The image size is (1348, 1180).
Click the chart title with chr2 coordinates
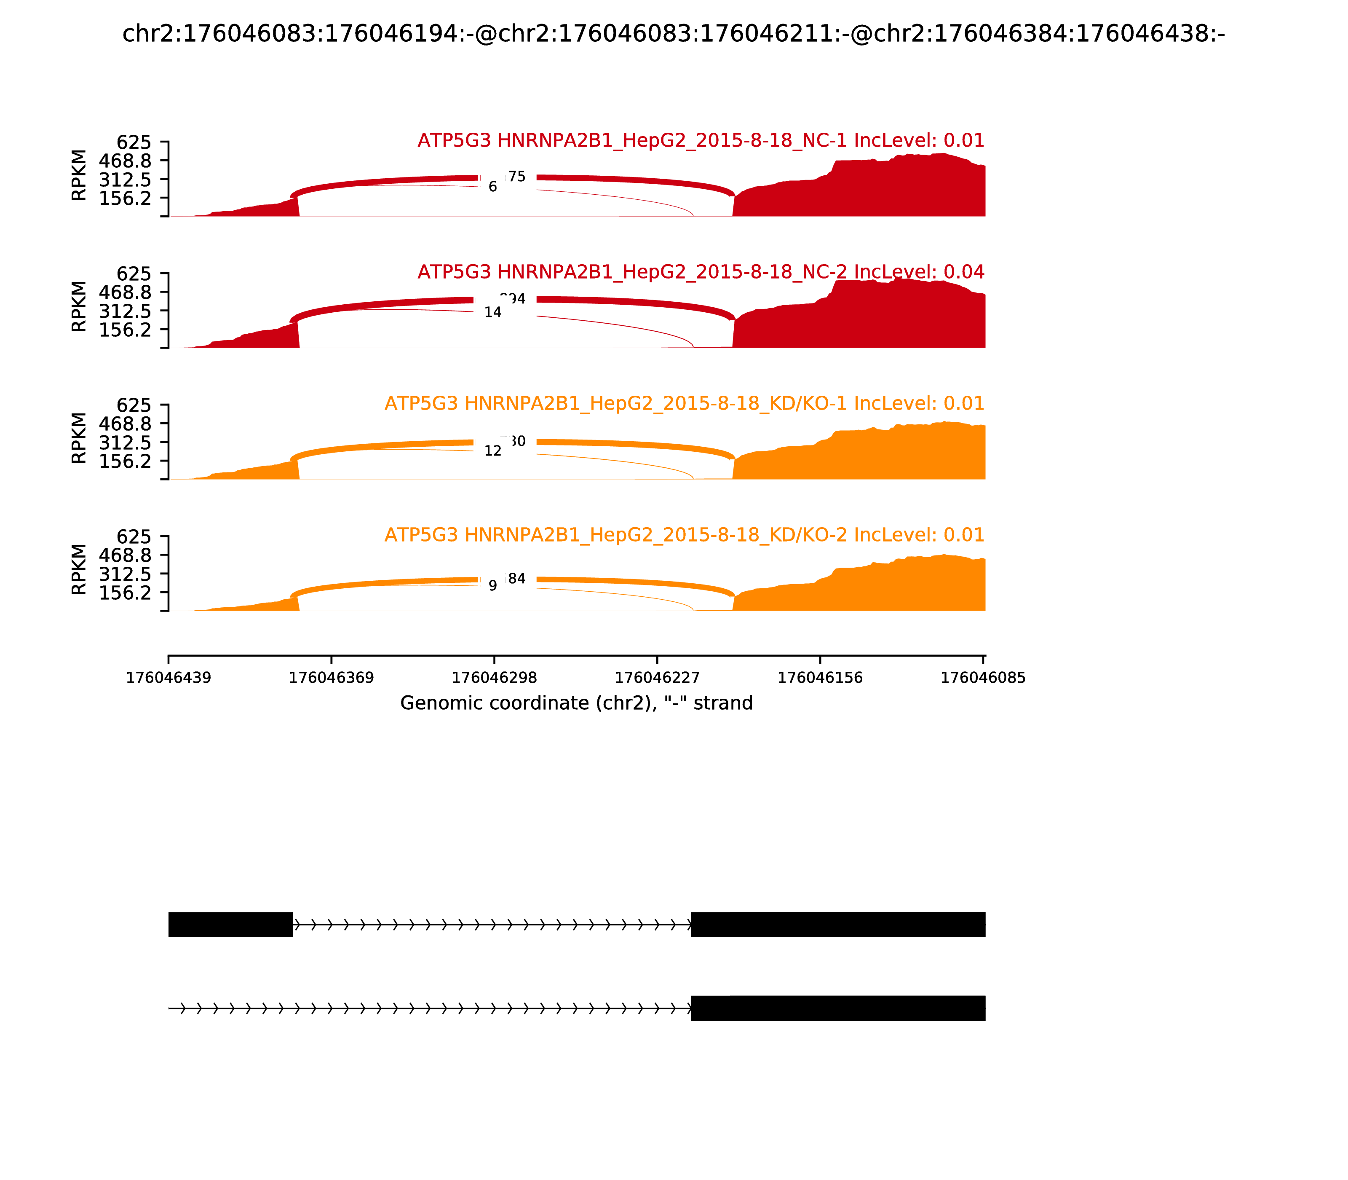673,34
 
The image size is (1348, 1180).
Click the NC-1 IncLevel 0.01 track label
700,140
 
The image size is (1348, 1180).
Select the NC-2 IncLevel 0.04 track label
700,271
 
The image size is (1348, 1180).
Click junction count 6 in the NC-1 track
492,187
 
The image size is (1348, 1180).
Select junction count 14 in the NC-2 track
492,312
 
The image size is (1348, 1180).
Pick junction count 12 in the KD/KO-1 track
492,451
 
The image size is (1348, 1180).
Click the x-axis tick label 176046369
331,678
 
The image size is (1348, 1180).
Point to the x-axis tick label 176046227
657,678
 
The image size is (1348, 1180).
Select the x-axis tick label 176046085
983,678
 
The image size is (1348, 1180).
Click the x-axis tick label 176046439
168,678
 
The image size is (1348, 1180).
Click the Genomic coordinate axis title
576,703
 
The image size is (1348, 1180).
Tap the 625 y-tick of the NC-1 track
134,142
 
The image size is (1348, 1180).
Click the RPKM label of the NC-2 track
78,306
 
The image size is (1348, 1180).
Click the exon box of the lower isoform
837,1008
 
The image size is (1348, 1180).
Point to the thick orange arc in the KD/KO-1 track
395,446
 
